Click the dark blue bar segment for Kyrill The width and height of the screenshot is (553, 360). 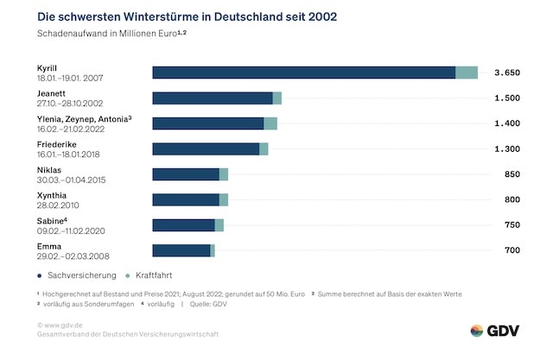click(x=303, y=73)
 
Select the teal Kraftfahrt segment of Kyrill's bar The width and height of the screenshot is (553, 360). click(x=467, y=73)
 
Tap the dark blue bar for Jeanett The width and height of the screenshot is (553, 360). click(x=213, y=98)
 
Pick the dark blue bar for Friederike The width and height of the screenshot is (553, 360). click(x=206, y=148)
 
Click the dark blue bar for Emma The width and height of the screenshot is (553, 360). click(x=181, y=250)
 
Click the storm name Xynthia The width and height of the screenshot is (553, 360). click(x=52, y=195)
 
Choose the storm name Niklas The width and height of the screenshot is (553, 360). click(x=49, y=169)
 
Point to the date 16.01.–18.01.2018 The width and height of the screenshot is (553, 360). click(x=75, y=155)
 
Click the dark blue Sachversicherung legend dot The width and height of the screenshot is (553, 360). click(x=41, y=275)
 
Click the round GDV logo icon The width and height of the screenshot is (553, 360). click(x=477, y=331)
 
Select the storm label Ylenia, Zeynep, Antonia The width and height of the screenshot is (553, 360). click(x=81, y=118)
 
